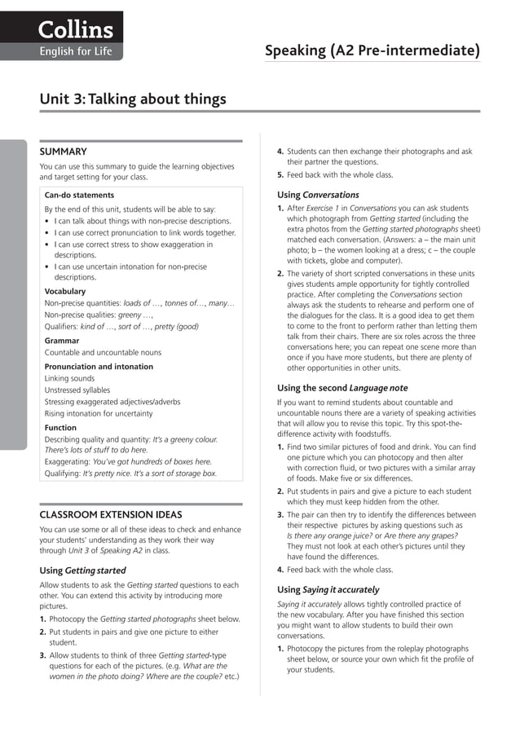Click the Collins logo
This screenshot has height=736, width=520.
[74, 30]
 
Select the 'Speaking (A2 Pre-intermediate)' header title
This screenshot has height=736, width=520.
[372, 51]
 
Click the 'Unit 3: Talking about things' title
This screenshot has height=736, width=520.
[133, 99]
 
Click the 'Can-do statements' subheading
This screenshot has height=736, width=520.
[79, 196]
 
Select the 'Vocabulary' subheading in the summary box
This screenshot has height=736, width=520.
[64, 291]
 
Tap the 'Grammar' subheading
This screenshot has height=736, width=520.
[62, 341]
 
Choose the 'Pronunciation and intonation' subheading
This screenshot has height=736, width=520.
[99, 367]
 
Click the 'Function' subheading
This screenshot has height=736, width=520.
[61, 427]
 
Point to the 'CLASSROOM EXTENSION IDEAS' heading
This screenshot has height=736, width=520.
[111, 515]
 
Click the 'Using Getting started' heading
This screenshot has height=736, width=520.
[83, 571]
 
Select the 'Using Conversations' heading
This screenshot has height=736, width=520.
[318, 195]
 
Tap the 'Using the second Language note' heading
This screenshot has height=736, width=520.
[342, 388]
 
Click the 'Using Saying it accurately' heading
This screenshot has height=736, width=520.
[328, 589]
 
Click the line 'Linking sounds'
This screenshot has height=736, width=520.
[69, 379]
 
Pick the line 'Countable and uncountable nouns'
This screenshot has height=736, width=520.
[103, 353]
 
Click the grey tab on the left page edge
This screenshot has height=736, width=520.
[13, 293]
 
